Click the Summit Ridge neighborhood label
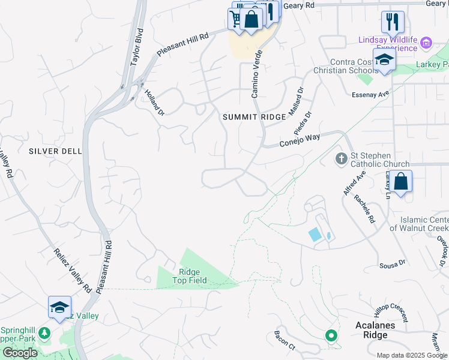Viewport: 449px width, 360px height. pos(254,117)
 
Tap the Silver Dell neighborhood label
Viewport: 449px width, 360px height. pos(55,151)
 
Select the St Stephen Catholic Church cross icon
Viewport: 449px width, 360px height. pos(341,158)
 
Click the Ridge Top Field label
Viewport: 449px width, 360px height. pos(190,276)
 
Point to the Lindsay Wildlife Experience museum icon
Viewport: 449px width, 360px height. pos(426,43)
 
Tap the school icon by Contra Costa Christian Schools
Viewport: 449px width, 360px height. pos(384,60)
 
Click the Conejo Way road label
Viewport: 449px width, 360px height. pos(300,140)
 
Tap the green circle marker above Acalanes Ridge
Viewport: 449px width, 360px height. pos(330,336)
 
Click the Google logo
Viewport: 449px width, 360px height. pos(20,353)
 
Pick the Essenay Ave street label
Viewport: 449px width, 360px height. pos(371,94)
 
